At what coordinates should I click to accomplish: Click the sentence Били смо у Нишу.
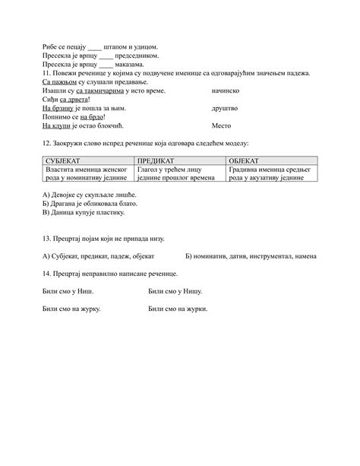point(174,291)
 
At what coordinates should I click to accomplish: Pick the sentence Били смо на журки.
point(178,309)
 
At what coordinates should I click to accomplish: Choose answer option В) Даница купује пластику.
point(83,214)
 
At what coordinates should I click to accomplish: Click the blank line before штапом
point(94,48)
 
